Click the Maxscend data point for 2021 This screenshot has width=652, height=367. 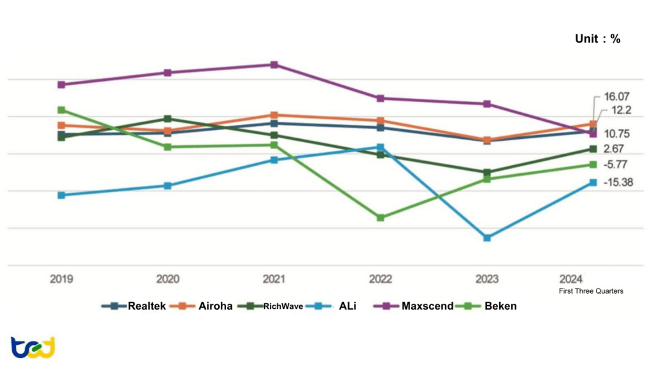click(274, 65)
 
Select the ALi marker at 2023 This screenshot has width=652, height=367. click(487, 238)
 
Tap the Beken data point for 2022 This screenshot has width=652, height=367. click(380, 218)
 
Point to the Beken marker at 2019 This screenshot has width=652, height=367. click(61, 110)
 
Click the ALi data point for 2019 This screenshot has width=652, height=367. click(61, 195)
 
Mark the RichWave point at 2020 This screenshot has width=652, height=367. click(167, 119)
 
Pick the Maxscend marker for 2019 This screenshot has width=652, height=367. click(61, 85)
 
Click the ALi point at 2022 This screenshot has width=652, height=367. click(380, 147)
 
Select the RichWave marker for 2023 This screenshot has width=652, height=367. click(487, 173)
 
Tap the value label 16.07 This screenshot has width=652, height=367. click(616, 96)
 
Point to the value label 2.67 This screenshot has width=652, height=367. click(614, 149)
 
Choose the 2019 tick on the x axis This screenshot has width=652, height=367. click(61, 279)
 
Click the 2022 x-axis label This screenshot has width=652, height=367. click(380, 279)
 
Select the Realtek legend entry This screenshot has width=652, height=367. click(135, 306)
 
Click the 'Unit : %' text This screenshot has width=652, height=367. click(597, 39)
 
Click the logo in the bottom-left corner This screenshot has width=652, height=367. click(32, 347)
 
